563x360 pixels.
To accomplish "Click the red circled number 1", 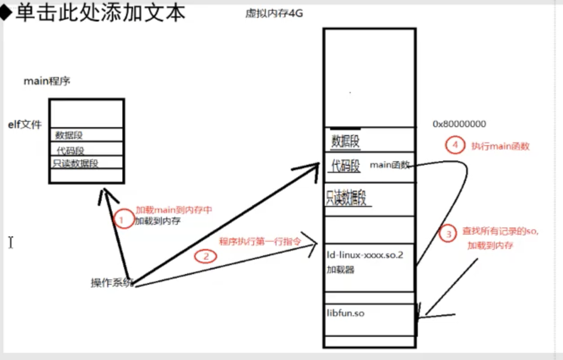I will pyautogui.click(x=122, y=220).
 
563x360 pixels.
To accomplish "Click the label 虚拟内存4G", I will pyautogui.click(x=274, y=13).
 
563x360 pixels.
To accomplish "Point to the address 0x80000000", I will pyautogui.click(x=459, y=124).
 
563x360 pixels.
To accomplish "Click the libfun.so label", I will pyautogui.click(x=345, y=313).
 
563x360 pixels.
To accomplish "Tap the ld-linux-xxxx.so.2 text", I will pyautogui.click(x=365, y=255).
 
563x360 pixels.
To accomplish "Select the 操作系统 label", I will pyautogui.click(x=112, y=282).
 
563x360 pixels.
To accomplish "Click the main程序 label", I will pyautogui.click(x=47, y=81).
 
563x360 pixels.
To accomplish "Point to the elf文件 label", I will pyautogui.click(x=24, y=124).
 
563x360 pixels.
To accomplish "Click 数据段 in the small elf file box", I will pyautogui.click(x=68, y=136).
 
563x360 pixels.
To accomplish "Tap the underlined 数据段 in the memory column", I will pyautogui.click(x=346, y=142).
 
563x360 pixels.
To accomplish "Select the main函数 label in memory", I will pyautogui.click(x=390, y=164).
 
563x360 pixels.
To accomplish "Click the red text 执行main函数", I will pyautogui.click(x=500, y=146).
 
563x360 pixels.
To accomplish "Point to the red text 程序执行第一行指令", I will pyautogui.click(x=259, y=241).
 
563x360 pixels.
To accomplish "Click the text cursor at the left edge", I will pyautogui.click(x=11, y=242).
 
